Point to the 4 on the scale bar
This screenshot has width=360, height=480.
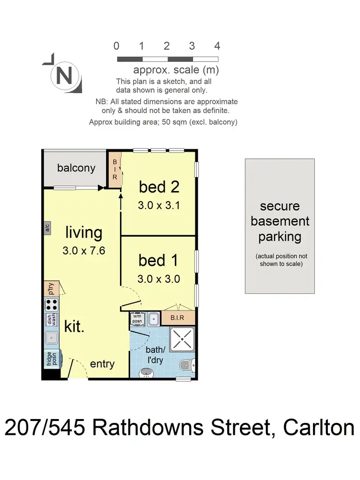(217, 46)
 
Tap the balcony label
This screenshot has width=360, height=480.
(76, 168)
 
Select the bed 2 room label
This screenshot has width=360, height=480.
(159, 186)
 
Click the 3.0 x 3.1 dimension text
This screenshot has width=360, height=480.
(159, 205)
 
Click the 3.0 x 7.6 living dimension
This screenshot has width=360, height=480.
(84, 250)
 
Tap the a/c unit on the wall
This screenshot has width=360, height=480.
(47, 228)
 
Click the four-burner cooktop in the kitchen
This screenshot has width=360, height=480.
(51, 304)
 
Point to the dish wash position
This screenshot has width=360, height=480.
(50, 320)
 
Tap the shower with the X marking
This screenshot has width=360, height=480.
(182, 340)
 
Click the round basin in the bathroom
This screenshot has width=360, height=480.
(146, 372)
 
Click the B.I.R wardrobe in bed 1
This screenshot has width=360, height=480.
(178, 318)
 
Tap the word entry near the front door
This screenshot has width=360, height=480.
(102, 364)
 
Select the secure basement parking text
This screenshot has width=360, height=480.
(280, 221)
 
